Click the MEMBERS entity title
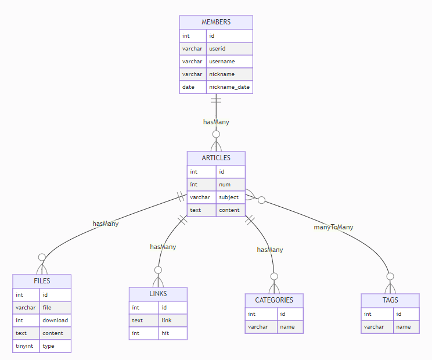216,22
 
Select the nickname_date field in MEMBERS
229,87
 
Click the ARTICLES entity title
216,158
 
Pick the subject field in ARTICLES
229,197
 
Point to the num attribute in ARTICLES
224,185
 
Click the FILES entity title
42,281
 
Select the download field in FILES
55,321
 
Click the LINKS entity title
158,294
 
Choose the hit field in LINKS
166,333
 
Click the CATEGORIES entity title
274,300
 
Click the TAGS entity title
390,300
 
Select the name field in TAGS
403,327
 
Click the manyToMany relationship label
333,227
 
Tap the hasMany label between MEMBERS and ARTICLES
216,122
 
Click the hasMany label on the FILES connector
105,223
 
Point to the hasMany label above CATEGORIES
270,250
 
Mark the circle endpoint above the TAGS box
390,276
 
